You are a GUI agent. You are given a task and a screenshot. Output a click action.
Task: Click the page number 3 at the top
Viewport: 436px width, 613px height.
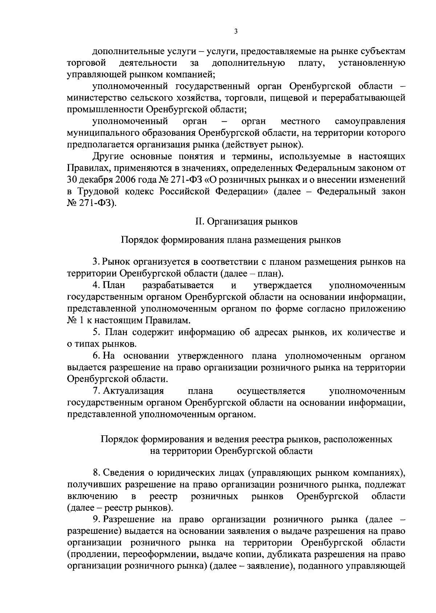click(236, 32)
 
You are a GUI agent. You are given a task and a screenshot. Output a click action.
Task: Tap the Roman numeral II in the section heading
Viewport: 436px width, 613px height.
click(199, 221)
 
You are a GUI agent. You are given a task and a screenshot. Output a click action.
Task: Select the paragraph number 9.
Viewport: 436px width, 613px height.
click(96, 519)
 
